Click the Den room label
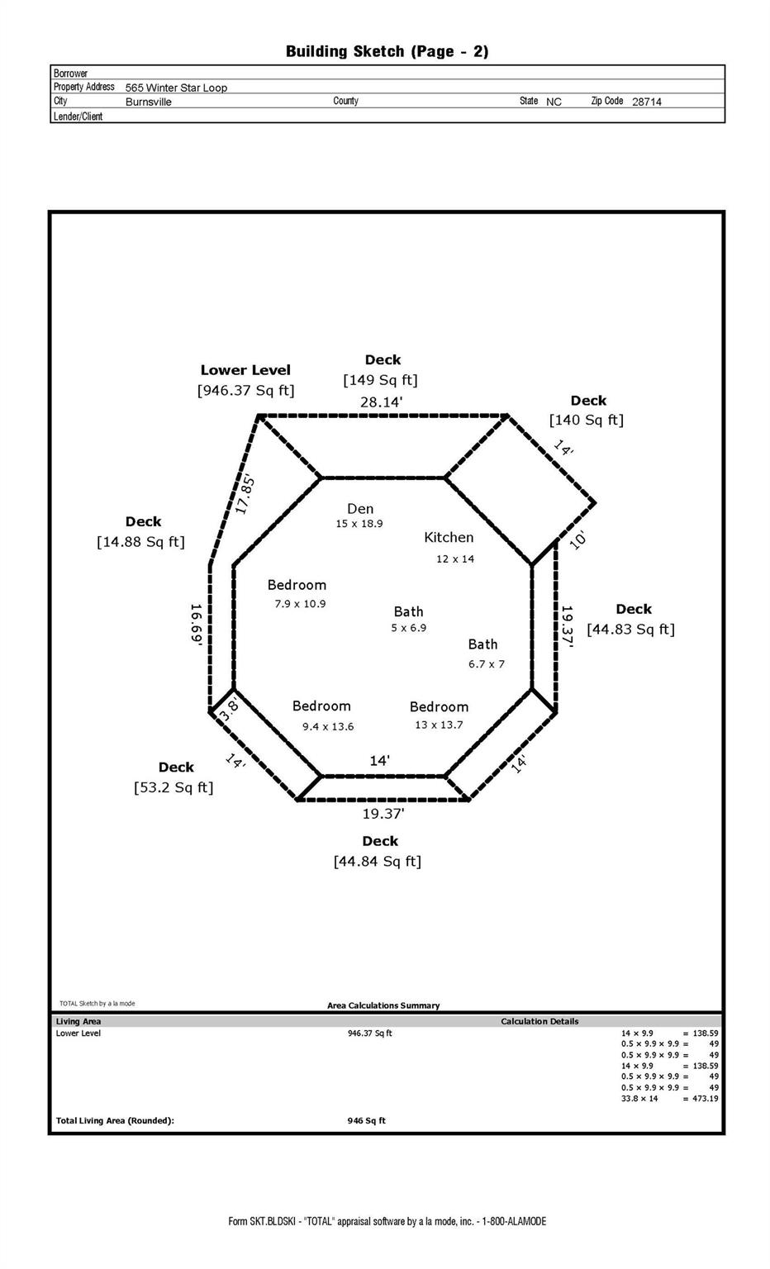click(x=360, y=509)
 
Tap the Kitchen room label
click(x=449, y=537)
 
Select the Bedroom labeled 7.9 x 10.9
click(x=297, y=585)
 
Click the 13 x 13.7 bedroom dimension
click(x=439, y=725)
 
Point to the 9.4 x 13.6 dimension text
click(x=328, y=726)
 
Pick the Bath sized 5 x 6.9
click(x=408, y=611)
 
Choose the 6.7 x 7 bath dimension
click(x=487, y=663)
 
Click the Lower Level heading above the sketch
click(x=245, y=370)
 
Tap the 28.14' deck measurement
click(x=381, y=402)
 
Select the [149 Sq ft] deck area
click(x=380, y=380)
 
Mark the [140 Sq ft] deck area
click(x=587, y=420)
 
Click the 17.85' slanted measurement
click(x=245, y=494)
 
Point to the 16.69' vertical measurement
click(x=197, y=625)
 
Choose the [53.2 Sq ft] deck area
click(x=173, y=787)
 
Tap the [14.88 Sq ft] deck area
click(x=140, y=542)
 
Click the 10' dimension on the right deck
click(x=577, y=541)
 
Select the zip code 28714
click(x=647, y=102)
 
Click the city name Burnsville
click(x=149, y=102)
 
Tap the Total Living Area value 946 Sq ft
click(x=366, y=1120)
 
